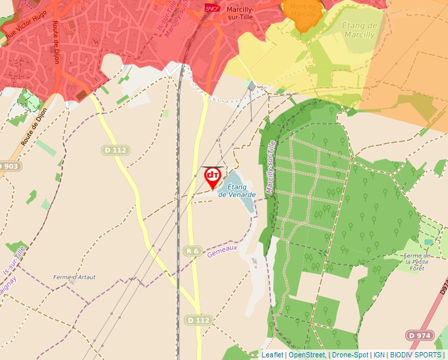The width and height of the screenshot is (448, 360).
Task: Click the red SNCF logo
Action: pyautogui.click(x=212, y=8)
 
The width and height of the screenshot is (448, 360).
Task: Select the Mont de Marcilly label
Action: pyautogui.click(x=304, y=10)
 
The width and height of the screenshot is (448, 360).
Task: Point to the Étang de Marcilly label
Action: pyautogui.click(x=359, y=30)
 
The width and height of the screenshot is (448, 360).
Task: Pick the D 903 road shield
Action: pyautogui.click(x=9, y=166)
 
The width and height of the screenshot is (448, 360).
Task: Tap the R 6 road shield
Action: pyautogui.click(x=192, y=251)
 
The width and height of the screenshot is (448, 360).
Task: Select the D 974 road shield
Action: pyautogui.click(x=420, y=335)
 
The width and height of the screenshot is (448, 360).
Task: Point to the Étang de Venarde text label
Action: pyautogui.click(x=237, y=191)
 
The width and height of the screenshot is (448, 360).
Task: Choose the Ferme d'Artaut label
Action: pyautogui.click(x=74, y=277)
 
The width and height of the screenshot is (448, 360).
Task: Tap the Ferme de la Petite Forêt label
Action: pyautogui.click(x=416, y=261)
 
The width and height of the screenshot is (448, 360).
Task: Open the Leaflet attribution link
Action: pyautogui.click(x=272, y=355)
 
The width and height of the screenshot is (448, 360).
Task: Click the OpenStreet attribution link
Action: pyautogui.click(x=307, y=355)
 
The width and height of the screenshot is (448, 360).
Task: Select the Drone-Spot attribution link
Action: pyautogui.click(x=349, y=355)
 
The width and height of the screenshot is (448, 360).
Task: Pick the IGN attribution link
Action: pyautogui.click(x=379, y=355)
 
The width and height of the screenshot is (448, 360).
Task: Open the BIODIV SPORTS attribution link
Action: pyautogui.click(x=415, y=355)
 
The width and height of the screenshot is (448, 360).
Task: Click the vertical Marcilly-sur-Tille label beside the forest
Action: pyautogui.click(x=269, y=170)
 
